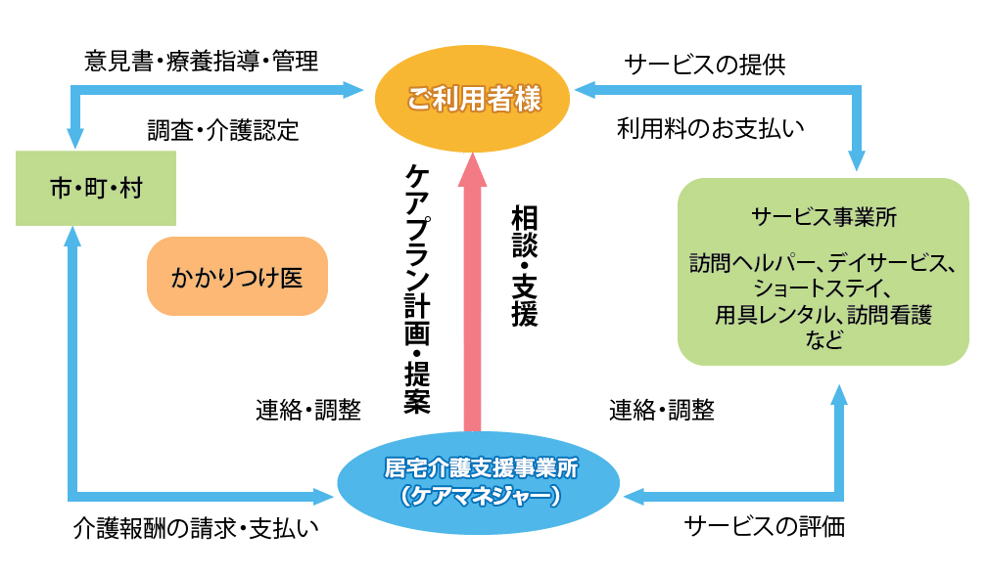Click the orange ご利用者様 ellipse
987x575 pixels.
474,98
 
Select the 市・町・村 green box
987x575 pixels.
96,188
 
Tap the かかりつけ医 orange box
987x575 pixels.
236,277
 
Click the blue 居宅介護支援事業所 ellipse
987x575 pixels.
479,480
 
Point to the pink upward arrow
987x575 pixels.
474,293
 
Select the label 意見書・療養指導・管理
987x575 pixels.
202,62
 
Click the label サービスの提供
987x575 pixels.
705,65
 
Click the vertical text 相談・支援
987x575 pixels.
525,264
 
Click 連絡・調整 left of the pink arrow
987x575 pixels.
307,410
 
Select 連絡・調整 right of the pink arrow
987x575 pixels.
661,410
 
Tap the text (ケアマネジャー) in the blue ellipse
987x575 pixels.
480,496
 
